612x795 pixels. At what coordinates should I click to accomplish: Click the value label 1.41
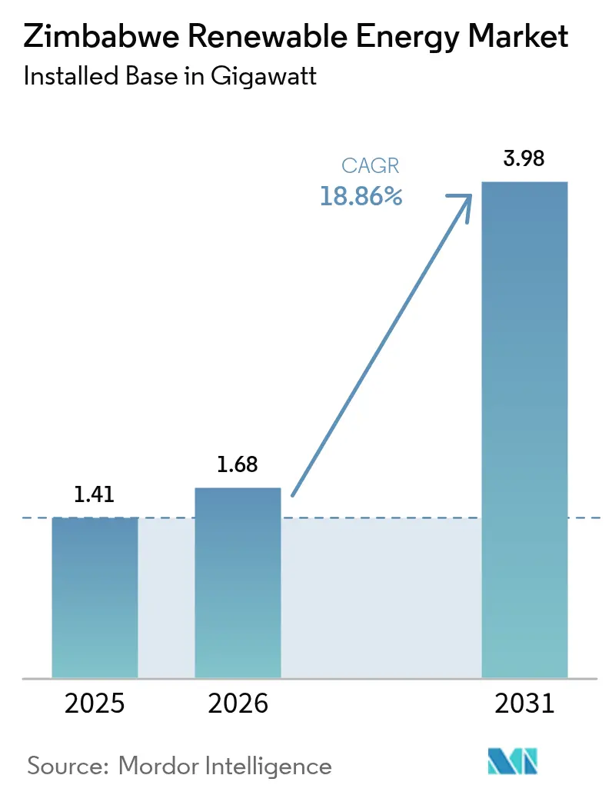coord(94,494)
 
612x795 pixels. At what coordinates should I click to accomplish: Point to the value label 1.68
coord(237,464)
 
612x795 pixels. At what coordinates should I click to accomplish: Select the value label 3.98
coord(524,159)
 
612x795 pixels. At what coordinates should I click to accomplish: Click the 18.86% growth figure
coord(361,197)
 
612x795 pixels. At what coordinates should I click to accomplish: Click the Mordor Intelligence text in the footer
coord(225,766)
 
